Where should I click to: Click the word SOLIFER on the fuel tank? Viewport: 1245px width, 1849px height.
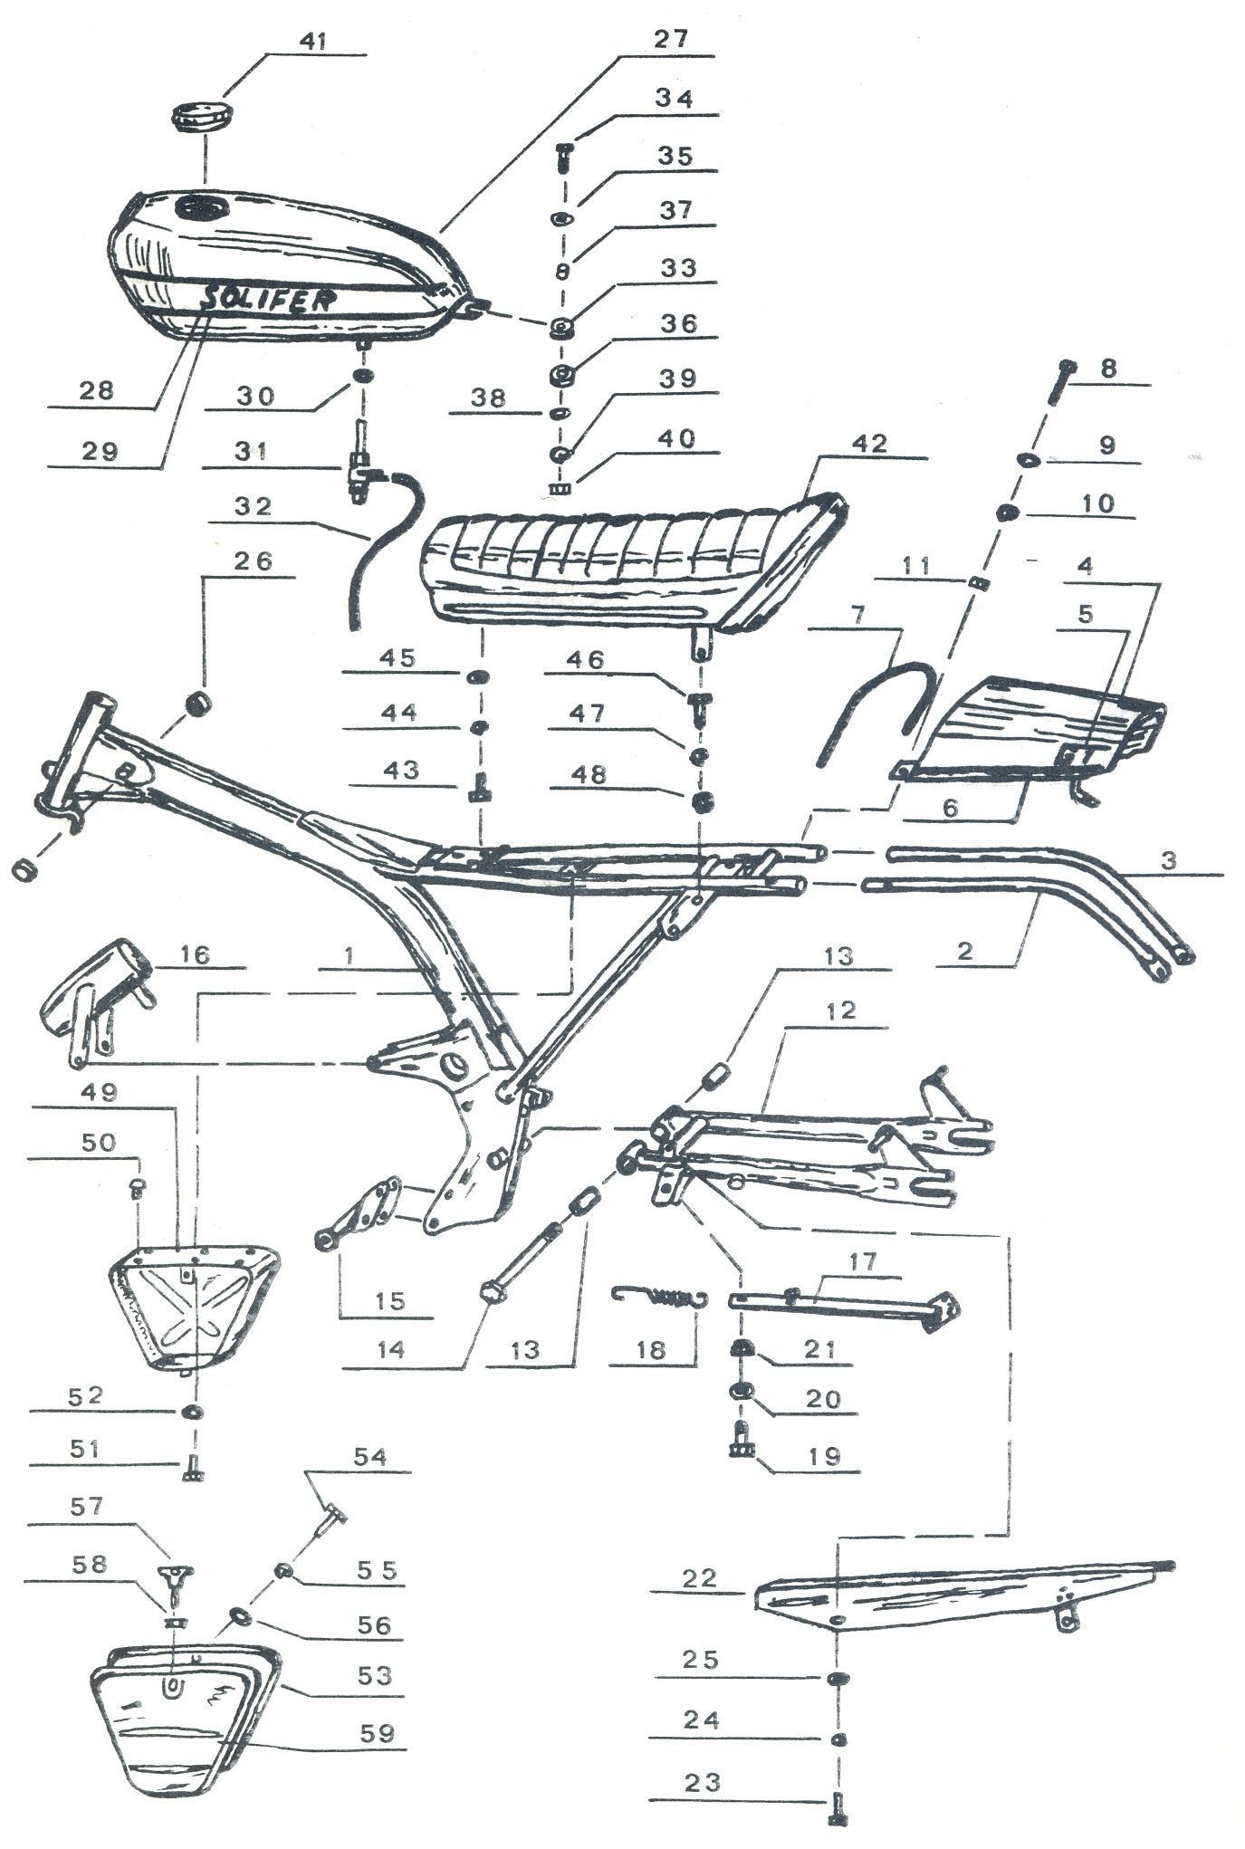point(267,298)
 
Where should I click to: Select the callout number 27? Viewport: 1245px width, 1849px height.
point(671,40)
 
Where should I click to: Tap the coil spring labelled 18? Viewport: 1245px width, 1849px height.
point(659,1298)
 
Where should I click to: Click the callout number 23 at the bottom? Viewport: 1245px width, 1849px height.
point(702,1783)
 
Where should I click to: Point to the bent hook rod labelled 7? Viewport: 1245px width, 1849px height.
point(876,711)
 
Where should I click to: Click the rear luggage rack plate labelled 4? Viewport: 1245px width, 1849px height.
point(1028,729)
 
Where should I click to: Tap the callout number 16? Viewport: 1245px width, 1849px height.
point(194,954)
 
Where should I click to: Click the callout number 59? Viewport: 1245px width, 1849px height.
point(377,1733)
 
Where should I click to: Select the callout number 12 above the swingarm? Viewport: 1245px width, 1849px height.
point(840,1011)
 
